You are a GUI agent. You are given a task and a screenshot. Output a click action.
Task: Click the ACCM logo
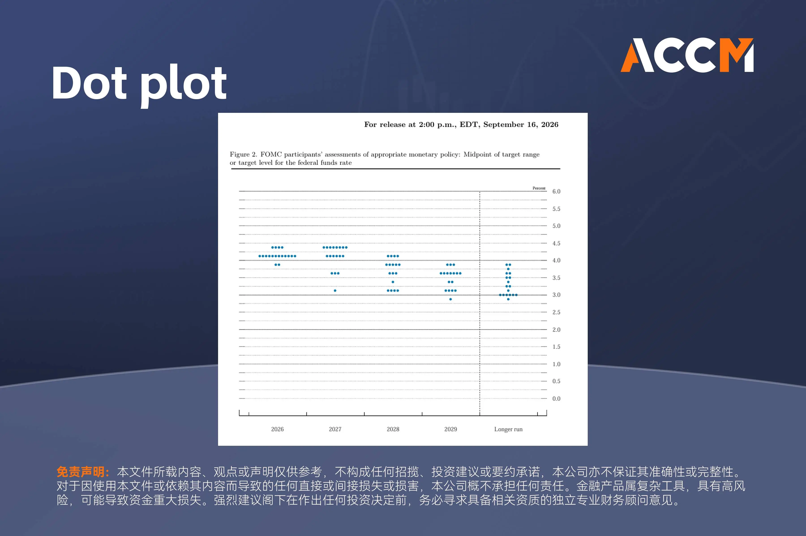click(687, 55)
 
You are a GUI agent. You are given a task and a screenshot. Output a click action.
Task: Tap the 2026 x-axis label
click(277, 429)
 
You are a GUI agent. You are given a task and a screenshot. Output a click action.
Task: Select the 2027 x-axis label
click(335, 429)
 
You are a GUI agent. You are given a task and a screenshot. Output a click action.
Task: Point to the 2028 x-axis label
click(393, 429)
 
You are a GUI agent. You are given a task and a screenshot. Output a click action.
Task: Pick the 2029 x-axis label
click(450, 429)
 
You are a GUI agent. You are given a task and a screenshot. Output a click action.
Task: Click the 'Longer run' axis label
click(508, 429)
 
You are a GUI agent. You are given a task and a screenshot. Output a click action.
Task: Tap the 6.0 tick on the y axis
click(556, 191)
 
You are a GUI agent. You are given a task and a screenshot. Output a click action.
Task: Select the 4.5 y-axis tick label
click(556, 243)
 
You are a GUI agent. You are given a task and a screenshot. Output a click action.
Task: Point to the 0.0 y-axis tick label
click(556, 399)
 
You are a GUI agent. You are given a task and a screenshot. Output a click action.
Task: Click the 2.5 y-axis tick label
click(556, 312)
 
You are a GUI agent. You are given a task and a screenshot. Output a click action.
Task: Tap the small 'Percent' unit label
click(539, 188)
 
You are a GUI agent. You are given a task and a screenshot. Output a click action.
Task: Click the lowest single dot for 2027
click(335, 291)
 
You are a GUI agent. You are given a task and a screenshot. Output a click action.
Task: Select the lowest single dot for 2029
click(450, 299)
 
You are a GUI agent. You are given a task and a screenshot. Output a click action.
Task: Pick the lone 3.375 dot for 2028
click(393, 282)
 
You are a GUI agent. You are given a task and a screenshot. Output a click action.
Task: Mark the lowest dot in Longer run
click(508, 299)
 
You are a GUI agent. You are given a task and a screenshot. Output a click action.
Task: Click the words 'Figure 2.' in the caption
click(243, 154)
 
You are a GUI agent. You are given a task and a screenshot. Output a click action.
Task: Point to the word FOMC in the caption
click(271, 154)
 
